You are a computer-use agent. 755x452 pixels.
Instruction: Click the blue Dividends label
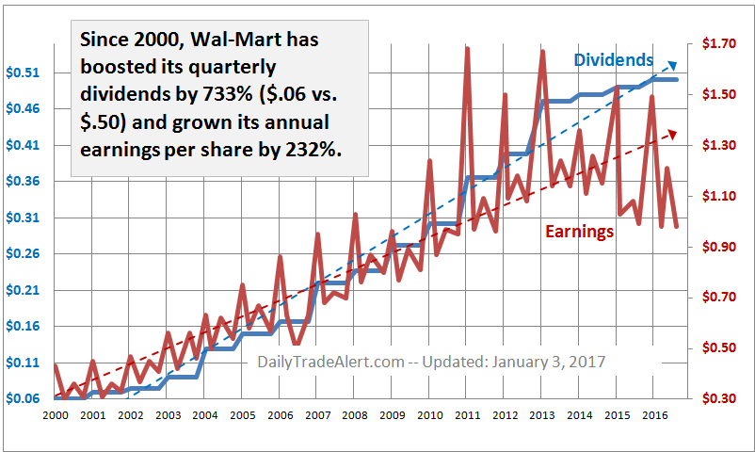(x=614, y=60)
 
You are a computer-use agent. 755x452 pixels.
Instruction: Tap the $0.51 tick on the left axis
(x=24, y=73)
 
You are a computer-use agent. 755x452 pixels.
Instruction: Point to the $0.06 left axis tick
(x=24, y=398)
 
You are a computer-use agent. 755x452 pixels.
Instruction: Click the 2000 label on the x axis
(x=55, y=415)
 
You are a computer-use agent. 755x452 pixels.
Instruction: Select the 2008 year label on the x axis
(x=354, y=415)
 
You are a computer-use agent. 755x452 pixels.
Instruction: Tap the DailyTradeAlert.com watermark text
(x=330, y=362)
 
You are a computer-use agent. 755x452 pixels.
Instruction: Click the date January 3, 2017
(x=547, y=362)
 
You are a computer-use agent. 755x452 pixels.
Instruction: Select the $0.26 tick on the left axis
(x=24, y=253)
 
